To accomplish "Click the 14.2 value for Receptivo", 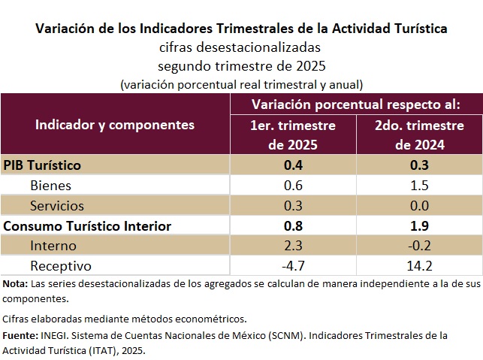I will [419, 266].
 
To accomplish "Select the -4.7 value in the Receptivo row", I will [292, 266].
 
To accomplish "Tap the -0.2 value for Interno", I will [419, 246].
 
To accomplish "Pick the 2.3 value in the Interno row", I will [292, 246].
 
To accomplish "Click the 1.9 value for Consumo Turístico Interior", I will [419, 225].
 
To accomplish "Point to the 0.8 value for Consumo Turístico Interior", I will [292, 225].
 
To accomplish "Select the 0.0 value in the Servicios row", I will [419, 205].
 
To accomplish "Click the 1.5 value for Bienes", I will [419, 185].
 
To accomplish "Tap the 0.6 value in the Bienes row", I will [292, 185].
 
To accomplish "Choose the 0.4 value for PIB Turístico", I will [292, 165].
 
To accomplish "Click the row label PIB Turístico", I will [42, 165].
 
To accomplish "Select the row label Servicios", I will [57, 205].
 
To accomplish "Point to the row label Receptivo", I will [60, 266].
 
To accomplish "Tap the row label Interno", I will [53, 246].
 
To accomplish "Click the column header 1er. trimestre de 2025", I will [292, 135].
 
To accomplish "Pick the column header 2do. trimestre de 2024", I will [419, 135].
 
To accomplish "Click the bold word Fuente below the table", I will [19, 335].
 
